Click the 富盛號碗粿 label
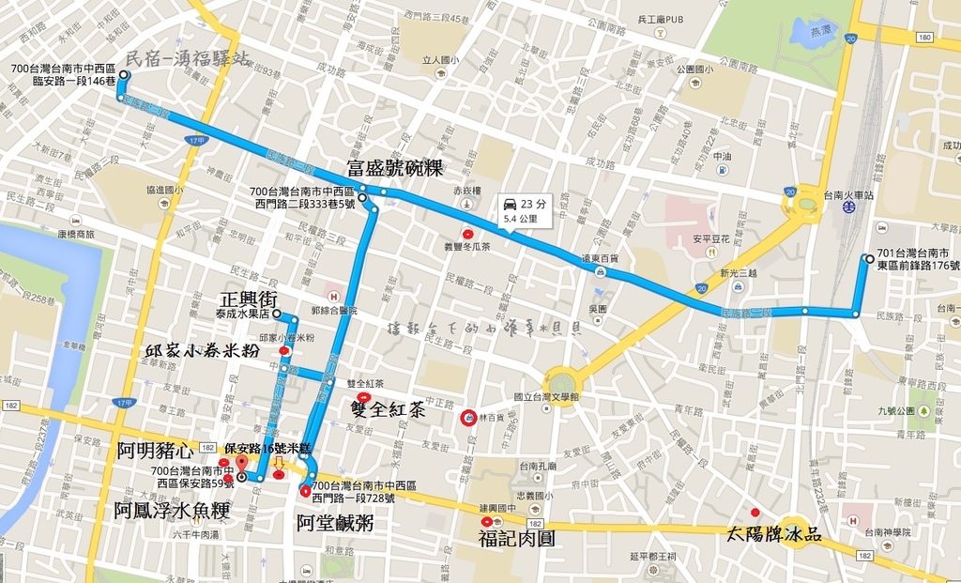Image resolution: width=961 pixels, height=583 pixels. click(394, 169)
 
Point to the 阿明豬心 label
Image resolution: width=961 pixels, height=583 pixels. click(156, 452)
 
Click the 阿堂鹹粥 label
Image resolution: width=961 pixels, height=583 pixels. click(335, 523)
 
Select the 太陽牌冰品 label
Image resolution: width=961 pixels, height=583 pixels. click(774, 535)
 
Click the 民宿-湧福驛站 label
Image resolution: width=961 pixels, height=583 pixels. click(188, 59)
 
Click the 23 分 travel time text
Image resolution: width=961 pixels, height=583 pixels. click(532, 204)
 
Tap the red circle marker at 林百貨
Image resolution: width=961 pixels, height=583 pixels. click(467, 418)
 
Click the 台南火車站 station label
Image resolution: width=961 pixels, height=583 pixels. click(848, 196)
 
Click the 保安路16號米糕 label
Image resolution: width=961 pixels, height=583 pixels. click(267, 449)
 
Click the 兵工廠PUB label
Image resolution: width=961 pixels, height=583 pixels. click(661, 19)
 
